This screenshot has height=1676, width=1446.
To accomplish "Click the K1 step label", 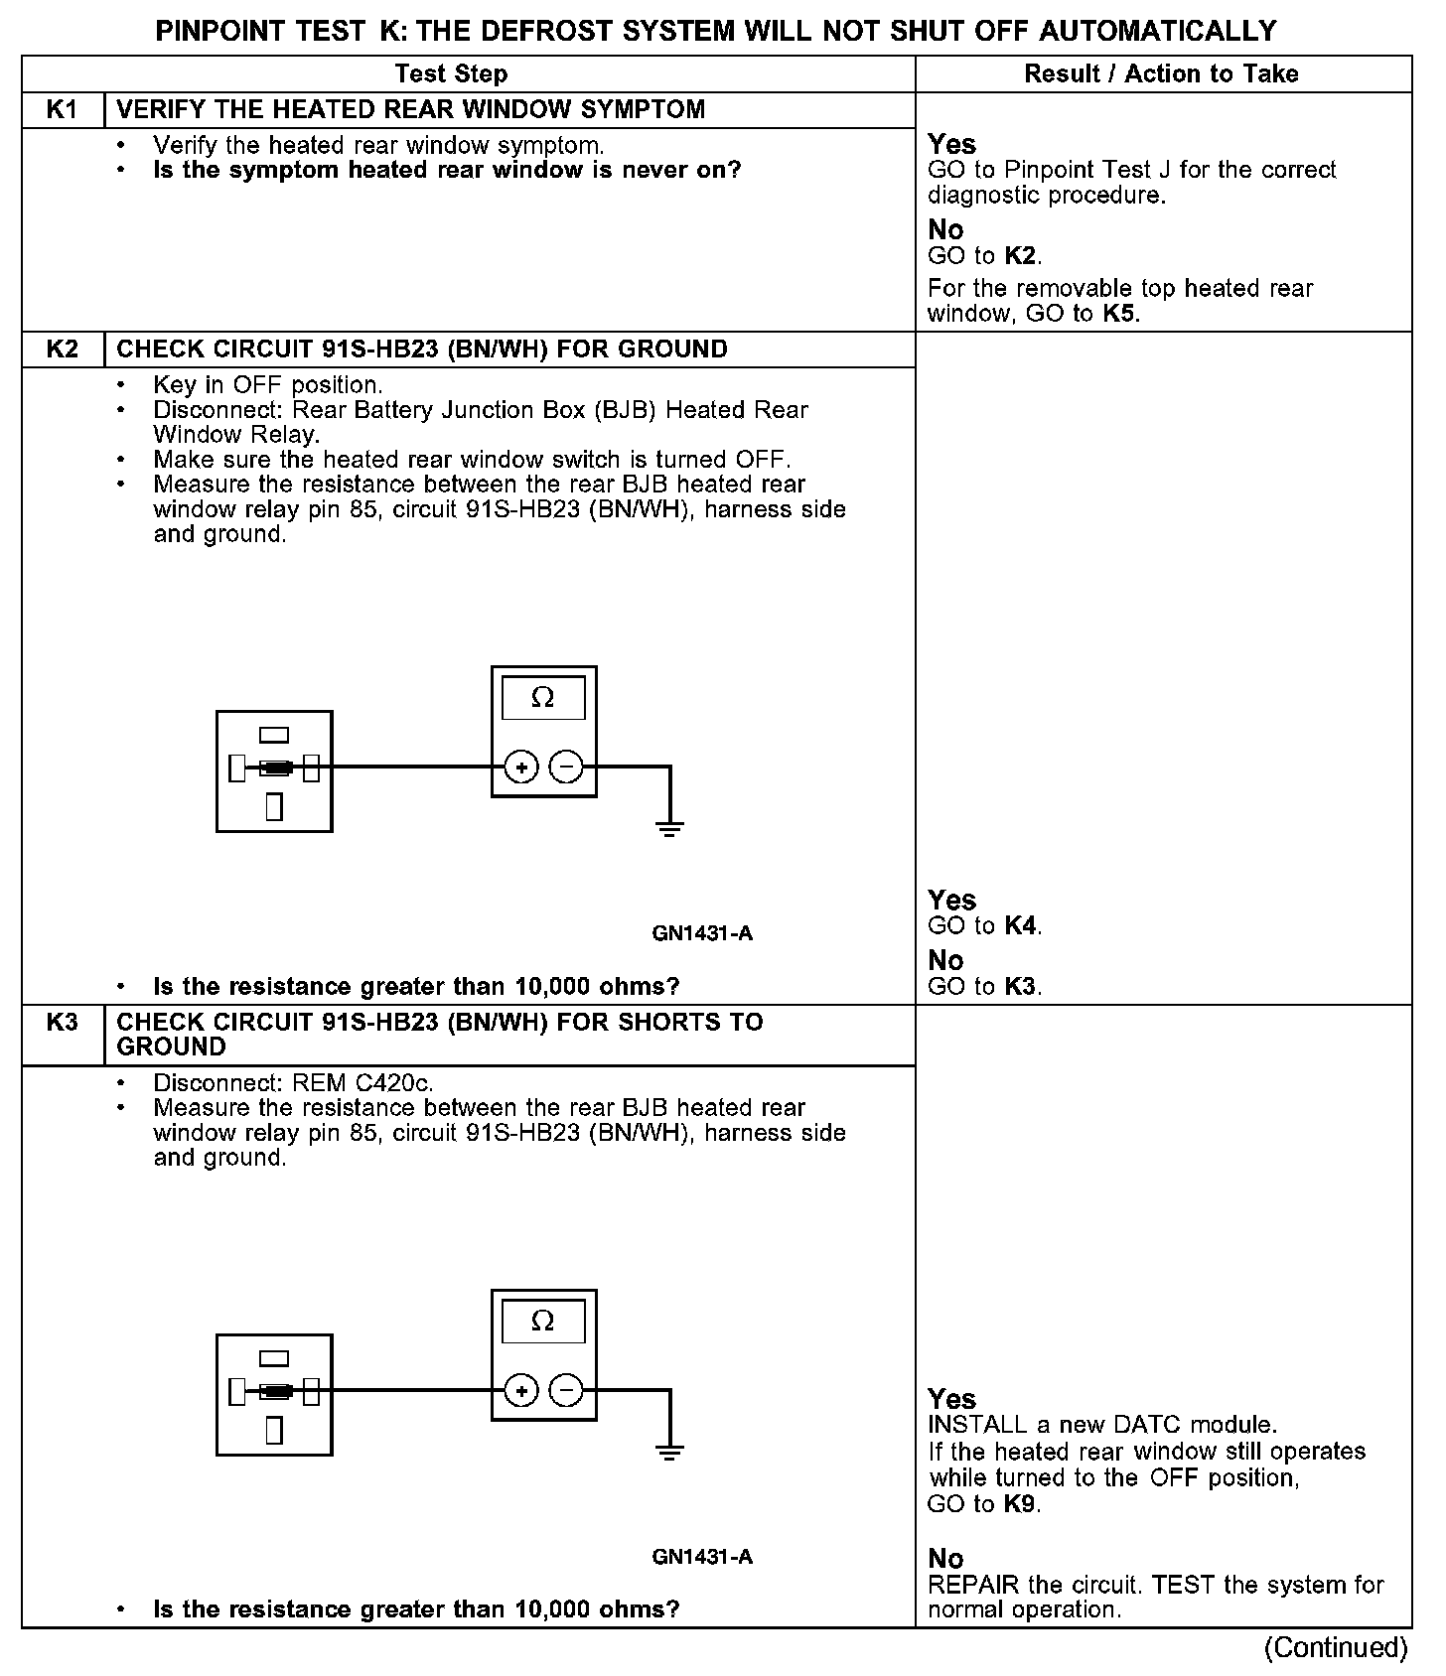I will coord(63,110).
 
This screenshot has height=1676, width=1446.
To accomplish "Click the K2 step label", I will coord(63,349).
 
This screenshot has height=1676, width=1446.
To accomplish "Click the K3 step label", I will coord(63,1023).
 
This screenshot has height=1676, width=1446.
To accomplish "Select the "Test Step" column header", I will coord(451,74).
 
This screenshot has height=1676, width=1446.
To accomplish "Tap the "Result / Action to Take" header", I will coord(1161,74).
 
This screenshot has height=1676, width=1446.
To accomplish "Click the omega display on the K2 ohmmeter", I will coord(543,698).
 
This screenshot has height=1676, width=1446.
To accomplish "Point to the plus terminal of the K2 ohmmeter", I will coord(521,767).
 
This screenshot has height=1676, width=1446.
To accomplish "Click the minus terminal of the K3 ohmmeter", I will coord(566,1390).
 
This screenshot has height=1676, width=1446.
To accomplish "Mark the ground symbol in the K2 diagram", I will coord(670,828).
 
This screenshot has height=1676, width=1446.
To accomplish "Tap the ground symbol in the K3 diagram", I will coord(670,1452).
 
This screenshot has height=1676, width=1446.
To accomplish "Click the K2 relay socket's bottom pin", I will coord(274,806).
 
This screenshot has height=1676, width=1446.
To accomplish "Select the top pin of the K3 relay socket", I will coord(274,1358).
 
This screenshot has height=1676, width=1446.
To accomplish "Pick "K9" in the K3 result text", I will coord(1020,1504).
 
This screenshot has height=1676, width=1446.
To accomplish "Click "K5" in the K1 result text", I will coord(1120,315).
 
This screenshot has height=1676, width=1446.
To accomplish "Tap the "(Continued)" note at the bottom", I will coord(1335,1648).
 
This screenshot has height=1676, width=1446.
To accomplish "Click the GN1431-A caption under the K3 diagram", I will coord(702,1557).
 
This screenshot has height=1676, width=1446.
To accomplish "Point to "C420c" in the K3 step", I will coord(394,1083).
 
